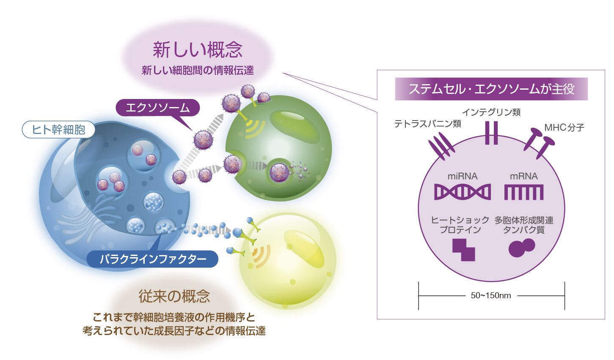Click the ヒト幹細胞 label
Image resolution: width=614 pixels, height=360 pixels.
coord(58,130)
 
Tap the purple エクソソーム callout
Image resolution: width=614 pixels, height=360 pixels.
coord(158,108)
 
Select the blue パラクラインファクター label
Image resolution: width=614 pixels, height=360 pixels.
coord(153,259)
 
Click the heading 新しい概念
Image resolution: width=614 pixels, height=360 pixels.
coord(197,50)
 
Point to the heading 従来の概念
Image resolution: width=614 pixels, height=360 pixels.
coord(174,296)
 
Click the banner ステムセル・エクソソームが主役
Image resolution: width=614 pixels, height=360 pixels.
coord(491,89)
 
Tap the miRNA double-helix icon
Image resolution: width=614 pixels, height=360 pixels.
coord(462,192)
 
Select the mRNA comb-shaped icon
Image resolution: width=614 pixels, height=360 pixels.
coord(524,192)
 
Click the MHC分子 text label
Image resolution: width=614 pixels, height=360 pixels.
coord(564,128)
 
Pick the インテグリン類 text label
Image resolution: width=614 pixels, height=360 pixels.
coord(491,112)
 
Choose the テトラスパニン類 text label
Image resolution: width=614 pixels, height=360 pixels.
coord(427,124)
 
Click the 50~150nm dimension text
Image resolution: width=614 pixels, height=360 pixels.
coord(491,295)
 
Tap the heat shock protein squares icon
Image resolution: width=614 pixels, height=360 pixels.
coord(464,250)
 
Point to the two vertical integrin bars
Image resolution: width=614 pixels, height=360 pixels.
coord(491,133)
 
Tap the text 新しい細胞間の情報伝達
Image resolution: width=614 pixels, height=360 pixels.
coord(198,70)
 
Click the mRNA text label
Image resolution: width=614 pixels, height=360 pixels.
coord(524,176)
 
